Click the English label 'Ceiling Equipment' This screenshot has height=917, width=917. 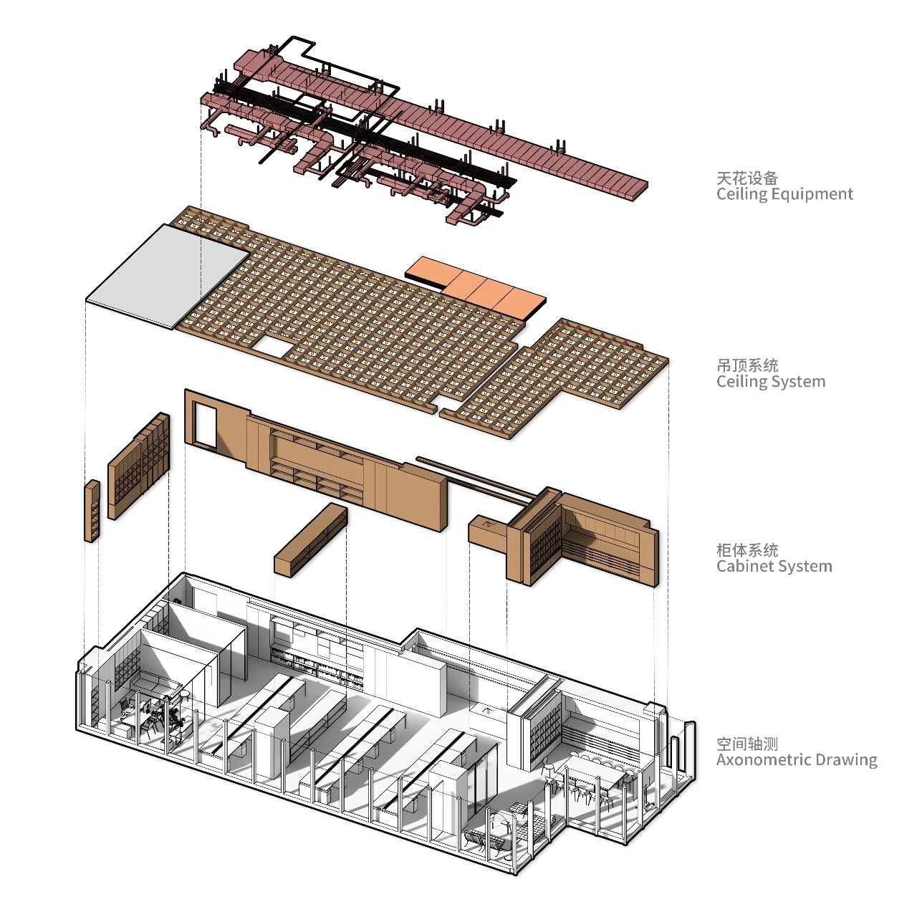coord(784,194)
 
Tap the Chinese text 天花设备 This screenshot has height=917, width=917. coord(746,177)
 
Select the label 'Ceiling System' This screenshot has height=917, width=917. coord(771,382)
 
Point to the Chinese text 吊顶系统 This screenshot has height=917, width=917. coord(746,365)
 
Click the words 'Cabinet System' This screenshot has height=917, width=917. coord(774,567)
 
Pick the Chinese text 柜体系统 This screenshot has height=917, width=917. coord(746,550)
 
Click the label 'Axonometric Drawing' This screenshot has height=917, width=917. coord(797,760)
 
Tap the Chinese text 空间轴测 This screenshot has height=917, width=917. coord(746,744)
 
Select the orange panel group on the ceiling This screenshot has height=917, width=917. coord(476,287)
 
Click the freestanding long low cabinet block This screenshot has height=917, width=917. coord(311,539)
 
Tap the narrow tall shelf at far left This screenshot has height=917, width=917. coord(92,511)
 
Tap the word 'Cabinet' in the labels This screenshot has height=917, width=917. coord(743,567)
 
